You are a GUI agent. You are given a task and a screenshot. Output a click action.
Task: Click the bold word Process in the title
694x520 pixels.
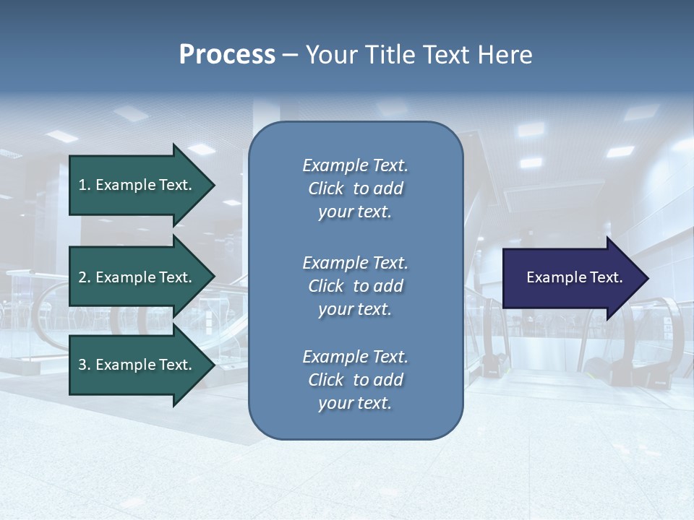point(227,55)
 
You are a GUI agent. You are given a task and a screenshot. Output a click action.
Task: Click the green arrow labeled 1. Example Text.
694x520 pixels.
point(137,185)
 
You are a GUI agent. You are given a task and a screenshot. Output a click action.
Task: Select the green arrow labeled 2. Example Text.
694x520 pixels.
point(137,277)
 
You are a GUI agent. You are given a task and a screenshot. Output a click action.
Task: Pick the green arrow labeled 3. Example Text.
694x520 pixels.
point(137,365)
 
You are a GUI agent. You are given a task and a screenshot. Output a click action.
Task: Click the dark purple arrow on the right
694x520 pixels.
point(571,278)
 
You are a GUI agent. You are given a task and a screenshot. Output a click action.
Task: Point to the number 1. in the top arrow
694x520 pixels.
point(85,185)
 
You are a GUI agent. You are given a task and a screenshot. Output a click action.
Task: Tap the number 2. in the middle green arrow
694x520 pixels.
point(85,277)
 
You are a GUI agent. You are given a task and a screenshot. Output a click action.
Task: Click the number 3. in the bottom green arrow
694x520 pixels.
point(85,365)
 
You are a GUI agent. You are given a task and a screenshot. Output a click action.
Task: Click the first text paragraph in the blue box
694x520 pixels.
point(355,188)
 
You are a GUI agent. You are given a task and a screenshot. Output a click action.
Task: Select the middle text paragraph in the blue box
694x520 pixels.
point(355,286)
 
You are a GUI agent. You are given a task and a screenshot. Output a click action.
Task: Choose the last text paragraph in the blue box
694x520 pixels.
point(355,380)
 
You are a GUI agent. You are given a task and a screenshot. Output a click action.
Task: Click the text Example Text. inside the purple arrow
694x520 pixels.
point(574,277)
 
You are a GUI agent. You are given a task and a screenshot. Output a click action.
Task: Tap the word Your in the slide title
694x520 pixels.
point(329,55)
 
